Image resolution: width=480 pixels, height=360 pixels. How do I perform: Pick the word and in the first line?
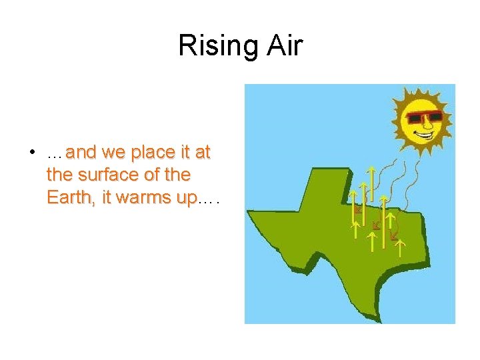point(81,153)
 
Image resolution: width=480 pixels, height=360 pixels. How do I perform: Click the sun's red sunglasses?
point(425,118)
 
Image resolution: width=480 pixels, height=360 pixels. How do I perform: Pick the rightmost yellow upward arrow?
point(399,249)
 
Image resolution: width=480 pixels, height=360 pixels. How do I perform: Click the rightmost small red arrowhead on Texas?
point(394,235)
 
